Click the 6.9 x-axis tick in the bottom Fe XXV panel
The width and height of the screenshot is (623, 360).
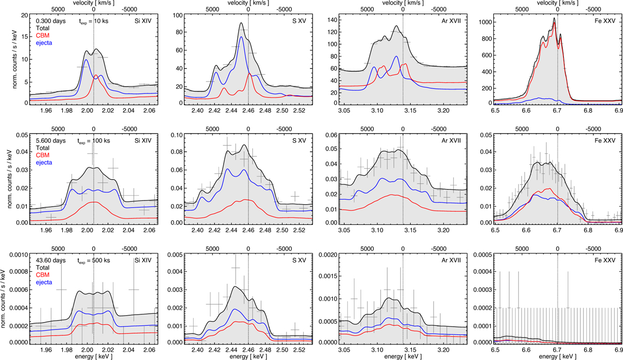tap(618, 349)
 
